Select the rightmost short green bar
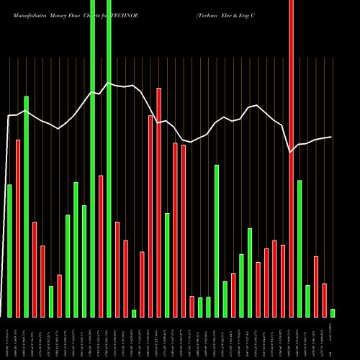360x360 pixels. pyautogui.click(x=333, y=312)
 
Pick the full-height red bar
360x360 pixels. pyautogui.click(x=291, y=158)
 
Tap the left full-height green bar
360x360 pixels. pyautogui.click(x=93, y=158)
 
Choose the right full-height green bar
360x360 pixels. pyautogui.click(x=109, y=158)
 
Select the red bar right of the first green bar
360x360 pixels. pyautogui.click(x=18, y=228)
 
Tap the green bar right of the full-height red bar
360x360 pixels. pyautogui.click(x=300, y=248)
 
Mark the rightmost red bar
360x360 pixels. pyautogui.click(x=324, y=300)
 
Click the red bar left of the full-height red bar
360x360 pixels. pyautogui.click(x=283, y=281)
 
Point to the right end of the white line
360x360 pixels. pyautogui.click(x=331, y=137)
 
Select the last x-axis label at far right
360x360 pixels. pyautogui.click(x=333, y=338)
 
